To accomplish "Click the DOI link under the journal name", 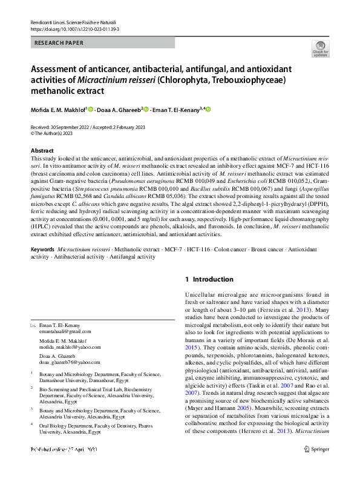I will tap(71, 28).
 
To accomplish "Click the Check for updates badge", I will tap(320, 49).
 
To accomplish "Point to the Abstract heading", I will tap(42, 150).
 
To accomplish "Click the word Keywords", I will tap(42, 249).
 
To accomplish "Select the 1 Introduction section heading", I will tap(209, 279).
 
